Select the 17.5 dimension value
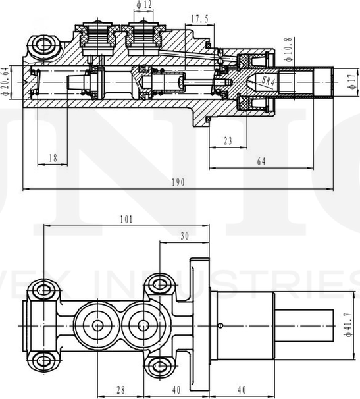coord(199,19)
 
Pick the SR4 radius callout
coord(267,81)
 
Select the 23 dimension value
coord(228,140)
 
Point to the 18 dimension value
coord(53,158)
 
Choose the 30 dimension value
coord(184,235)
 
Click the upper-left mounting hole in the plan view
coord(45,288)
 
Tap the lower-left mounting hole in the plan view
coord(45,359)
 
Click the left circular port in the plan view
coord(97,324)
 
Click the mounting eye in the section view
coord(45,45)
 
